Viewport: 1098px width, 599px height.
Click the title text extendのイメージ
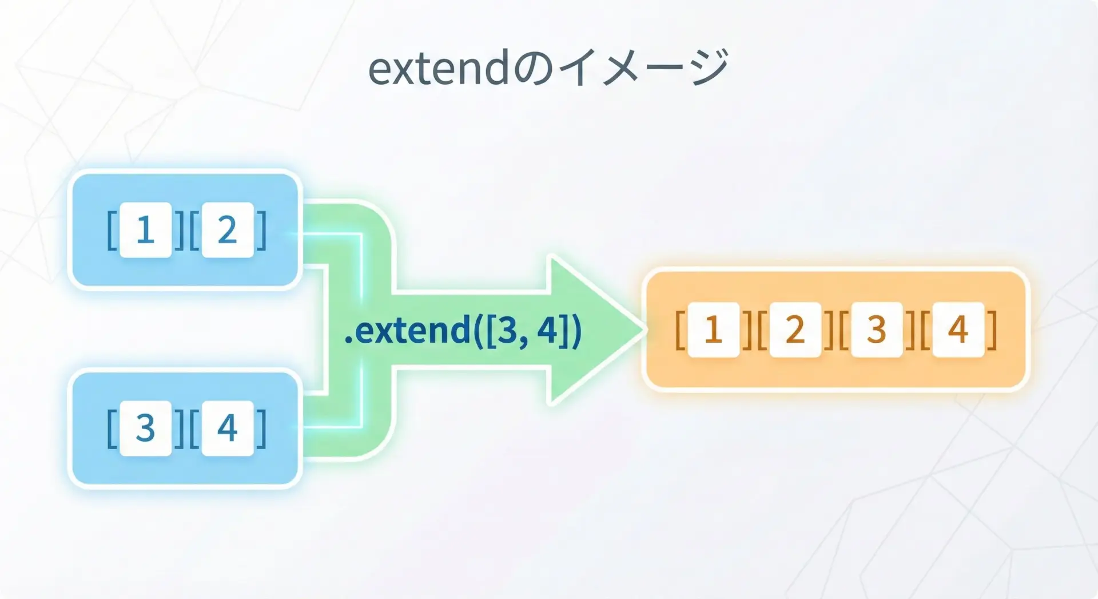point(548,68)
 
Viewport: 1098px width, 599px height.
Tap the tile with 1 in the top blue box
point(146,230)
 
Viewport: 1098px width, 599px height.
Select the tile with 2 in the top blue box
point(228,230)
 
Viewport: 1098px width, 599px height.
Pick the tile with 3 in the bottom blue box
point(146,428)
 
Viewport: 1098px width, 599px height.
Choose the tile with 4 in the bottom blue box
point(228,428)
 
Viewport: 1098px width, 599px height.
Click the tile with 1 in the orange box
point(713,330)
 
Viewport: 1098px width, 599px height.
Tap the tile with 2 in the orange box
point(795,330)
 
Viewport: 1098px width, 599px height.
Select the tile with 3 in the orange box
point(877,330)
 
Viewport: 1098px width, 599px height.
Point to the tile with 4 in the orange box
point(958,330)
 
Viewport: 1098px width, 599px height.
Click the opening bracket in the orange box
point(681,330)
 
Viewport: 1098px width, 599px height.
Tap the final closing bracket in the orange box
point(992,330)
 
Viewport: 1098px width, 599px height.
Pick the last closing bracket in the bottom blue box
point(261,428)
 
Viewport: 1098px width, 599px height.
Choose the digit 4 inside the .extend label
point(548,331)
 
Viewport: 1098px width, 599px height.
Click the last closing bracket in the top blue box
point(261,230)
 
